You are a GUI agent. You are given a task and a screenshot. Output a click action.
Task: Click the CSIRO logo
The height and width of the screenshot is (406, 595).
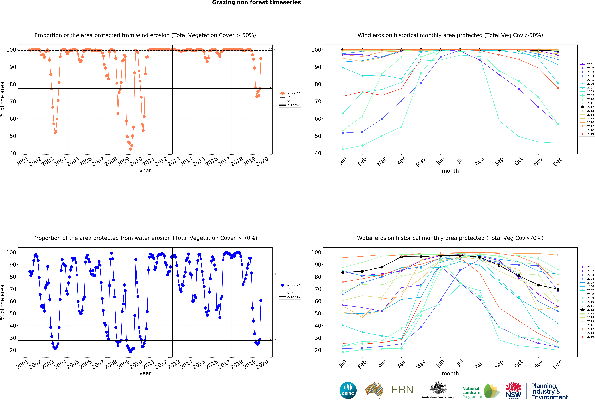(x=348, y=390)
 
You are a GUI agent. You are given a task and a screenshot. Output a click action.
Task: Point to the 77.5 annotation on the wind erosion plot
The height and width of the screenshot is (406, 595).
(x=273, y=87)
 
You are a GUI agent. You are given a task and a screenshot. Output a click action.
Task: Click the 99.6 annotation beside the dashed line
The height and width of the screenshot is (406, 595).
(x=273, y=49)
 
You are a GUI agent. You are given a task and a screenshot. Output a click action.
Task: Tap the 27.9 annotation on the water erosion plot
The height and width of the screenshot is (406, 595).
(x=273, y=339)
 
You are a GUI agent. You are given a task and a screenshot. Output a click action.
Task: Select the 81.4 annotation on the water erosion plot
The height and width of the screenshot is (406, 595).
(x=273, y=274)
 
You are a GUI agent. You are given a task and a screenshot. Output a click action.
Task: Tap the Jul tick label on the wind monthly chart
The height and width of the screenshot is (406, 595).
(x=460, y=160)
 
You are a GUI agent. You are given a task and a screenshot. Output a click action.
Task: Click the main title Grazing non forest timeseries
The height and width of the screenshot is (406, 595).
(x=256, y=3)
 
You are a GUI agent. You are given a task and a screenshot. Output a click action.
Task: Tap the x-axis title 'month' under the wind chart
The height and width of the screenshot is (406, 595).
(x=450, y=171)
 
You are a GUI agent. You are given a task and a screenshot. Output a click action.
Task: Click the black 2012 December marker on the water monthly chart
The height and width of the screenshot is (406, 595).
(x=558, y=289)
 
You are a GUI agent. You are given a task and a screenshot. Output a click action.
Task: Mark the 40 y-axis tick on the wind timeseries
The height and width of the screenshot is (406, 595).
(x=13, y=153)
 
